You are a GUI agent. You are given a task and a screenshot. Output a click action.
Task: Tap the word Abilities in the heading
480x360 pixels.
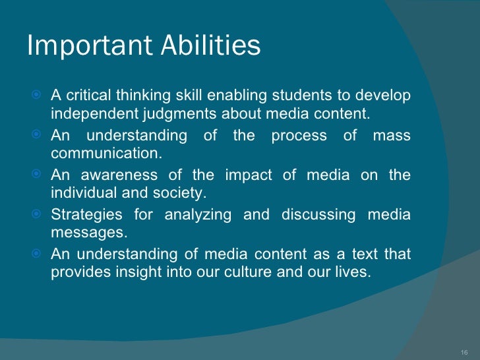click(210, 46)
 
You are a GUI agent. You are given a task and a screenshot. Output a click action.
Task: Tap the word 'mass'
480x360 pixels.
click(392, 136)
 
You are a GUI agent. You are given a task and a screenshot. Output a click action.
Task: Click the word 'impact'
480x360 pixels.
click(246, 175)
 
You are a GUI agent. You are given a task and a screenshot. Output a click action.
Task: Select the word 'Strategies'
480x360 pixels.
click(86, 215)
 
